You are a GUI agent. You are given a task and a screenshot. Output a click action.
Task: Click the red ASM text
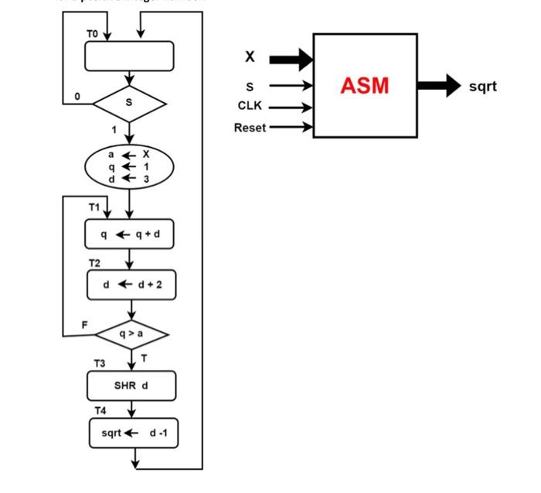point(365,85)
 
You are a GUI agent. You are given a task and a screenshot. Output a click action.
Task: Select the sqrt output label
point(482,86)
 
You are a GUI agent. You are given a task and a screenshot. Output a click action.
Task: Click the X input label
point(250,57)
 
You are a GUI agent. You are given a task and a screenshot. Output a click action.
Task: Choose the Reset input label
point(250,127)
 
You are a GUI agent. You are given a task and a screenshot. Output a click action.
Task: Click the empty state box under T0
point(129,56)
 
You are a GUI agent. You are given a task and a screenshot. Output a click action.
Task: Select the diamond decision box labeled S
point(129,102)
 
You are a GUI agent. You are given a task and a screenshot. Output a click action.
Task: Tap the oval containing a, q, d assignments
point(129,166)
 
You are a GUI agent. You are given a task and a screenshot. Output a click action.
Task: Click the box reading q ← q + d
point(129,234)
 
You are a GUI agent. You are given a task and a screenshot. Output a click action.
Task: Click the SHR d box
point(131,385)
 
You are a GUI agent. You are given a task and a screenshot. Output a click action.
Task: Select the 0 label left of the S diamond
point(77,96)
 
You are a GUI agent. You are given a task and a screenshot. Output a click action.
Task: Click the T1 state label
point(94,207)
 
